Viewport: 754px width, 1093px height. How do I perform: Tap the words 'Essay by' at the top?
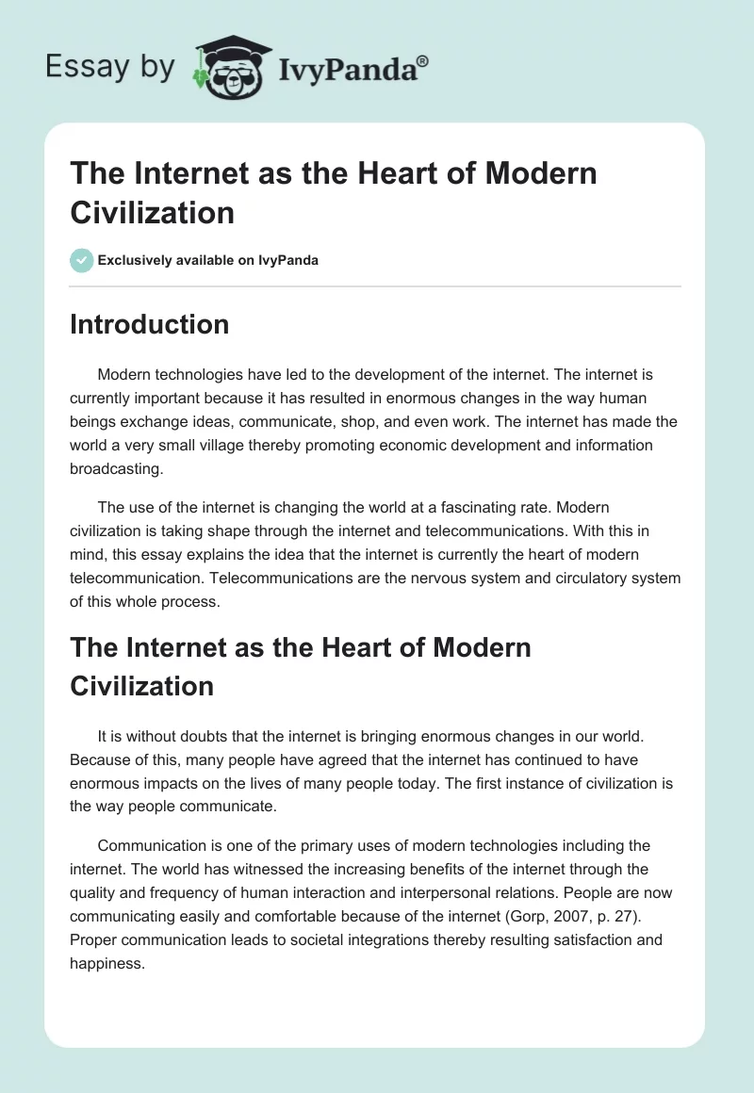coord(111,66)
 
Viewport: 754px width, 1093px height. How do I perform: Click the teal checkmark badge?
coord(82,260)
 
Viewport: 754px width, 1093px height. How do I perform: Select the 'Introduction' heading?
coord(150,324)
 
